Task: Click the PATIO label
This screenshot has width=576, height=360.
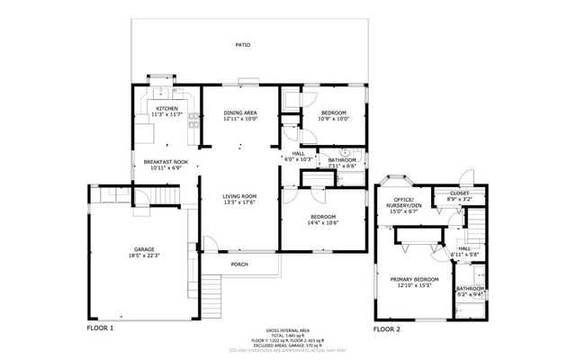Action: (243, 44)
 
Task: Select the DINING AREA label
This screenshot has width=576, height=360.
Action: (240, 112)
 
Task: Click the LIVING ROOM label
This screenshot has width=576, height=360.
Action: (240, 196)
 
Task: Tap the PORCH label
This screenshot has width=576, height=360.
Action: (239, 264)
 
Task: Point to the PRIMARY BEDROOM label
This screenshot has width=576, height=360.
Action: (415, 279)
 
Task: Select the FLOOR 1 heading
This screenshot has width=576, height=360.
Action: (100, 329)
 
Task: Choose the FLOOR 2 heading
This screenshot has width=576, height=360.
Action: (387, 329)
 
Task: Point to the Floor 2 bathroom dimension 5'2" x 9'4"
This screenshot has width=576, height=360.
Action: (469, 293)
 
